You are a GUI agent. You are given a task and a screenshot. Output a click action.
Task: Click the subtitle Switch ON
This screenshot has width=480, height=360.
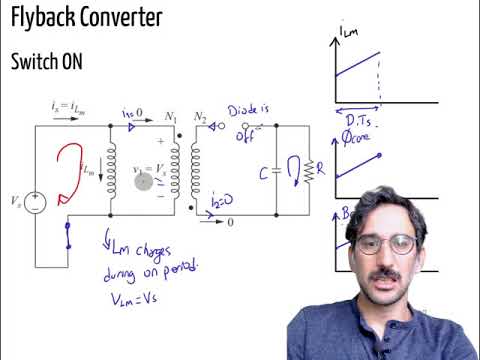(47, 61)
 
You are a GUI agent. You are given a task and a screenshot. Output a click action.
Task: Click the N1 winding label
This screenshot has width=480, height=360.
(169, 116)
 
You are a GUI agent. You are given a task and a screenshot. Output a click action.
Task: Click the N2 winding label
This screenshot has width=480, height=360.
(201, 116)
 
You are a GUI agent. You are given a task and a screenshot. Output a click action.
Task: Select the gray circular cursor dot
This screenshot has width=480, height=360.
(143, 182)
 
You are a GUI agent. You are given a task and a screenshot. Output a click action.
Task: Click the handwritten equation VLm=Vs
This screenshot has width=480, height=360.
(131, 298)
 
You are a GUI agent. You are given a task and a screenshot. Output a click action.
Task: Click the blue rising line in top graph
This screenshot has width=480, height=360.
(355, 64)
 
